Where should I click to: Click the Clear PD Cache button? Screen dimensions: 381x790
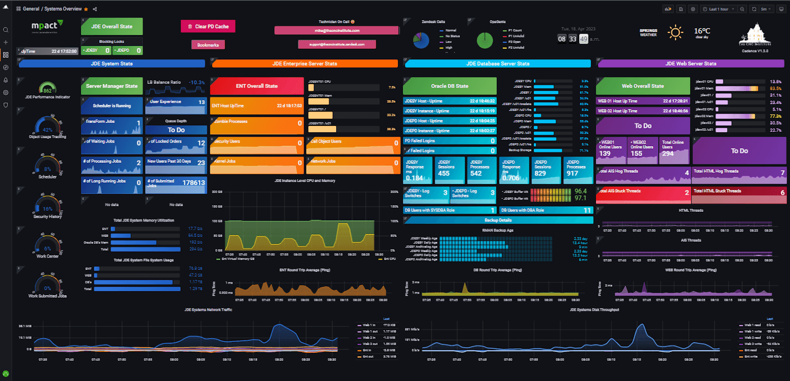208,26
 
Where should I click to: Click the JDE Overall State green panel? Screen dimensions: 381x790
112,26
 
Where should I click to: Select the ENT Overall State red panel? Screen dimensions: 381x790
257,86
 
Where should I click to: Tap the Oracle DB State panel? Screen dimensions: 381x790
449,86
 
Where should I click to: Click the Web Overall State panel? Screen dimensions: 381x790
642,86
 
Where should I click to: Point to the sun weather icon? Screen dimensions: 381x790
675,33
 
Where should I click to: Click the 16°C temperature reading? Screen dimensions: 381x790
702,31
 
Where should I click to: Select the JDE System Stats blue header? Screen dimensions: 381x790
112,64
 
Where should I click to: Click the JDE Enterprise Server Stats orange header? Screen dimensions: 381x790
305,64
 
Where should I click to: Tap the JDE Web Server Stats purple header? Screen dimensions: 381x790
690,64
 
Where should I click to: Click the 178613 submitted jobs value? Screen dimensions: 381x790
194,183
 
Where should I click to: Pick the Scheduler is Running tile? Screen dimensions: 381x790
112,106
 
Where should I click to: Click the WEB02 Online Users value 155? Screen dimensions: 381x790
636,153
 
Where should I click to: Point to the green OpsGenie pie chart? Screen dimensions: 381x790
485,40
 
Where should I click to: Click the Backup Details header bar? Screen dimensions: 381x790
498,220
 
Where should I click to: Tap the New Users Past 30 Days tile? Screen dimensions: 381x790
176,162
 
